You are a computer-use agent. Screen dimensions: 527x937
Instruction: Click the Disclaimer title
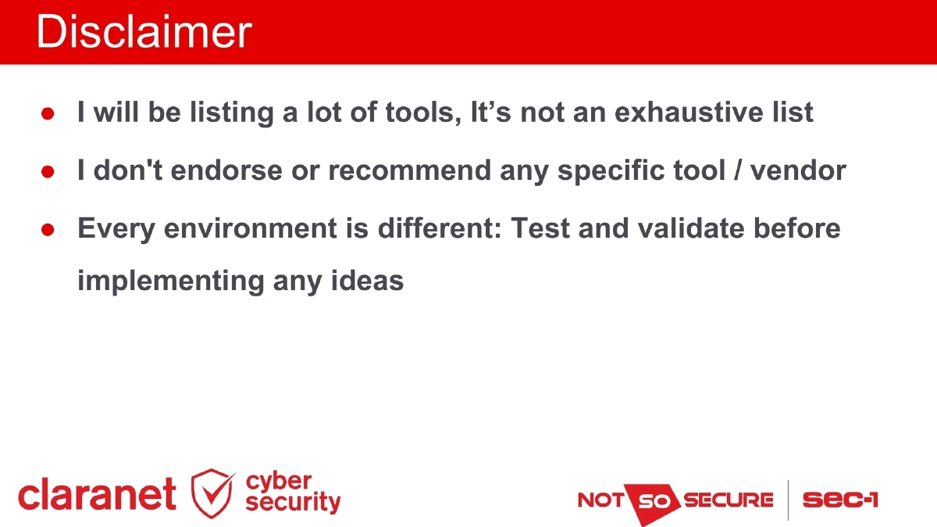pyautogui.click(x=144, y=33)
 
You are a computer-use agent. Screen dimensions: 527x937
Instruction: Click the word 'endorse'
pyautogui.click(x=218, y=170)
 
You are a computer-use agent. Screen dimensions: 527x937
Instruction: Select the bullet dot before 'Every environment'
pyautogui.click(x=47, y=230)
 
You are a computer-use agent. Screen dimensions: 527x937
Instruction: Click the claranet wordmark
pyautogui.click(x=97, y=495)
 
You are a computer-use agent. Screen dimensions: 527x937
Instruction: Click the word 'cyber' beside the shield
pyautogui.click(x=279, y=481)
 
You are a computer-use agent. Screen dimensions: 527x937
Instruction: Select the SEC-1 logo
pyautogui.click(x=839, y=500)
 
